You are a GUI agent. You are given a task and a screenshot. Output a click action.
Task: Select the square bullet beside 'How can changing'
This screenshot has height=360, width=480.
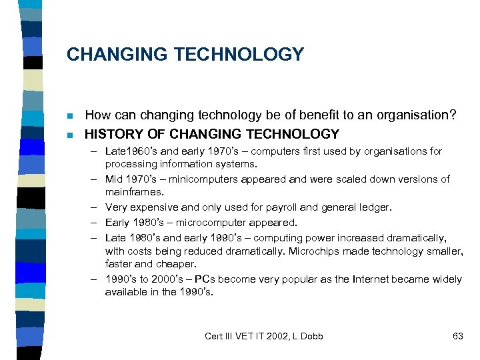tap(70, 116)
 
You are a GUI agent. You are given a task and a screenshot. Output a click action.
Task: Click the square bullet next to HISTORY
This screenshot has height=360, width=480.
tap(70, 135)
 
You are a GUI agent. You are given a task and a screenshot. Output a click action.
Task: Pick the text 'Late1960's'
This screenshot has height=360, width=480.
tap(129, 151)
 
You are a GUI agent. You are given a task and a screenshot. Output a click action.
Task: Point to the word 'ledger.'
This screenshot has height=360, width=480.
tap(373, 207)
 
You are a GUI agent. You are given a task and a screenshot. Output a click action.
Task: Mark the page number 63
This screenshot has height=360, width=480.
tap(457, 336)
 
